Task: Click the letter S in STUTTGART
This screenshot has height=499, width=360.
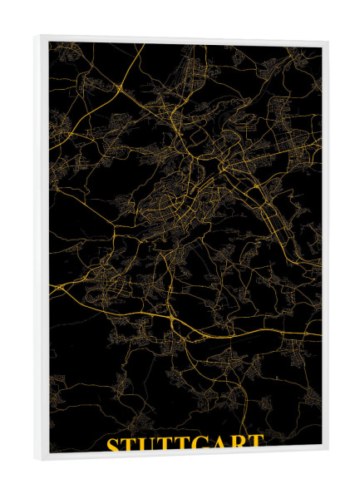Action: tap(114, 443)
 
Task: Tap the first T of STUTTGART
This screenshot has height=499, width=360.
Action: tap(131, 443)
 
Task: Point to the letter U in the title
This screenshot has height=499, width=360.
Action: tap(150, 443)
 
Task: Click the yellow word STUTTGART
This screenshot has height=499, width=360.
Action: tap(185, 443)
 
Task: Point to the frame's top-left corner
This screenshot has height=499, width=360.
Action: tap(37, 36)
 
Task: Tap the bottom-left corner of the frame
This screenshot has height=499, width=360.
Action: tap(37, 458)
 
